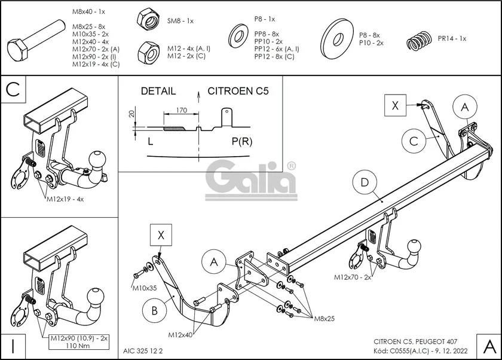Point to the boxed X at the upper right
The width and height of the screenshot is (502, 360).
coord(395,106)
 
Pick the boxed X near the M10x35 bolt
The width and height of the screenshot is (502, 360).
coord(161,235)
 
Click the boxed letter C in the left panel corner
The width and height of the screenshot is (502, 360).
coord(13,90)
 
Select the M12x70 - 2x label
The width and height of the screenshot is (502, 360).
coord(353,277)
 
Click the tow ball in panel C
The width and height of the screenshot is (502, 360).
coord(96,160)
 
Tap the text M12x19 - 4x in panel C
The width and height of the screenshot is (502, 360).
coord(65,199)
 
